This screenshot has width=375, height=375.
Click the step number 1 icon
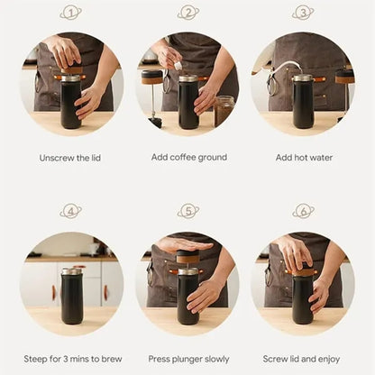pos(70,13)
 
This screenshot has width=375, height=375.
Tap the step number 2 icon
pos(188,13)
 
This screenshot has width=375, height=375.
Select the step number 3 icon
pos(303,13)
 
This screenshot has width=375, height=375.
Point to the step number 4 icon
pos(70,211)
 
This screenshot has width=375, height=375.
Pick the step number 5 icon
pos(188,211)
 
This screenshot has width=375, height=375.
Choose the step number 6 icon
pos(303,211)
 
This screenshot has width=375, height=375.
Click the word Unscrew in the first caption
pos(57,158)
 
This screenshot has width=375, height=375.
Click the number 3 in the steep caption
pos(66,359)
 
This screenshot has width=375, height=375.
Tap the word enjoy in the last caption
pos(329,360)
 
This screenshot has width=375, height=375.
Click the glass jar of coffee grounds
pos(224,111)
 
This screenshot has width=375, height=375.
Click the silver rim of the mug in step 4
pos(71,271)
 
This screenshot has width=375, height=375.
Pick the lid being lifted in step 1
pos(71,70)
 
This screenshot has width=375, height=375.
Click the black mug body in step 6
pos(303,300)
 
